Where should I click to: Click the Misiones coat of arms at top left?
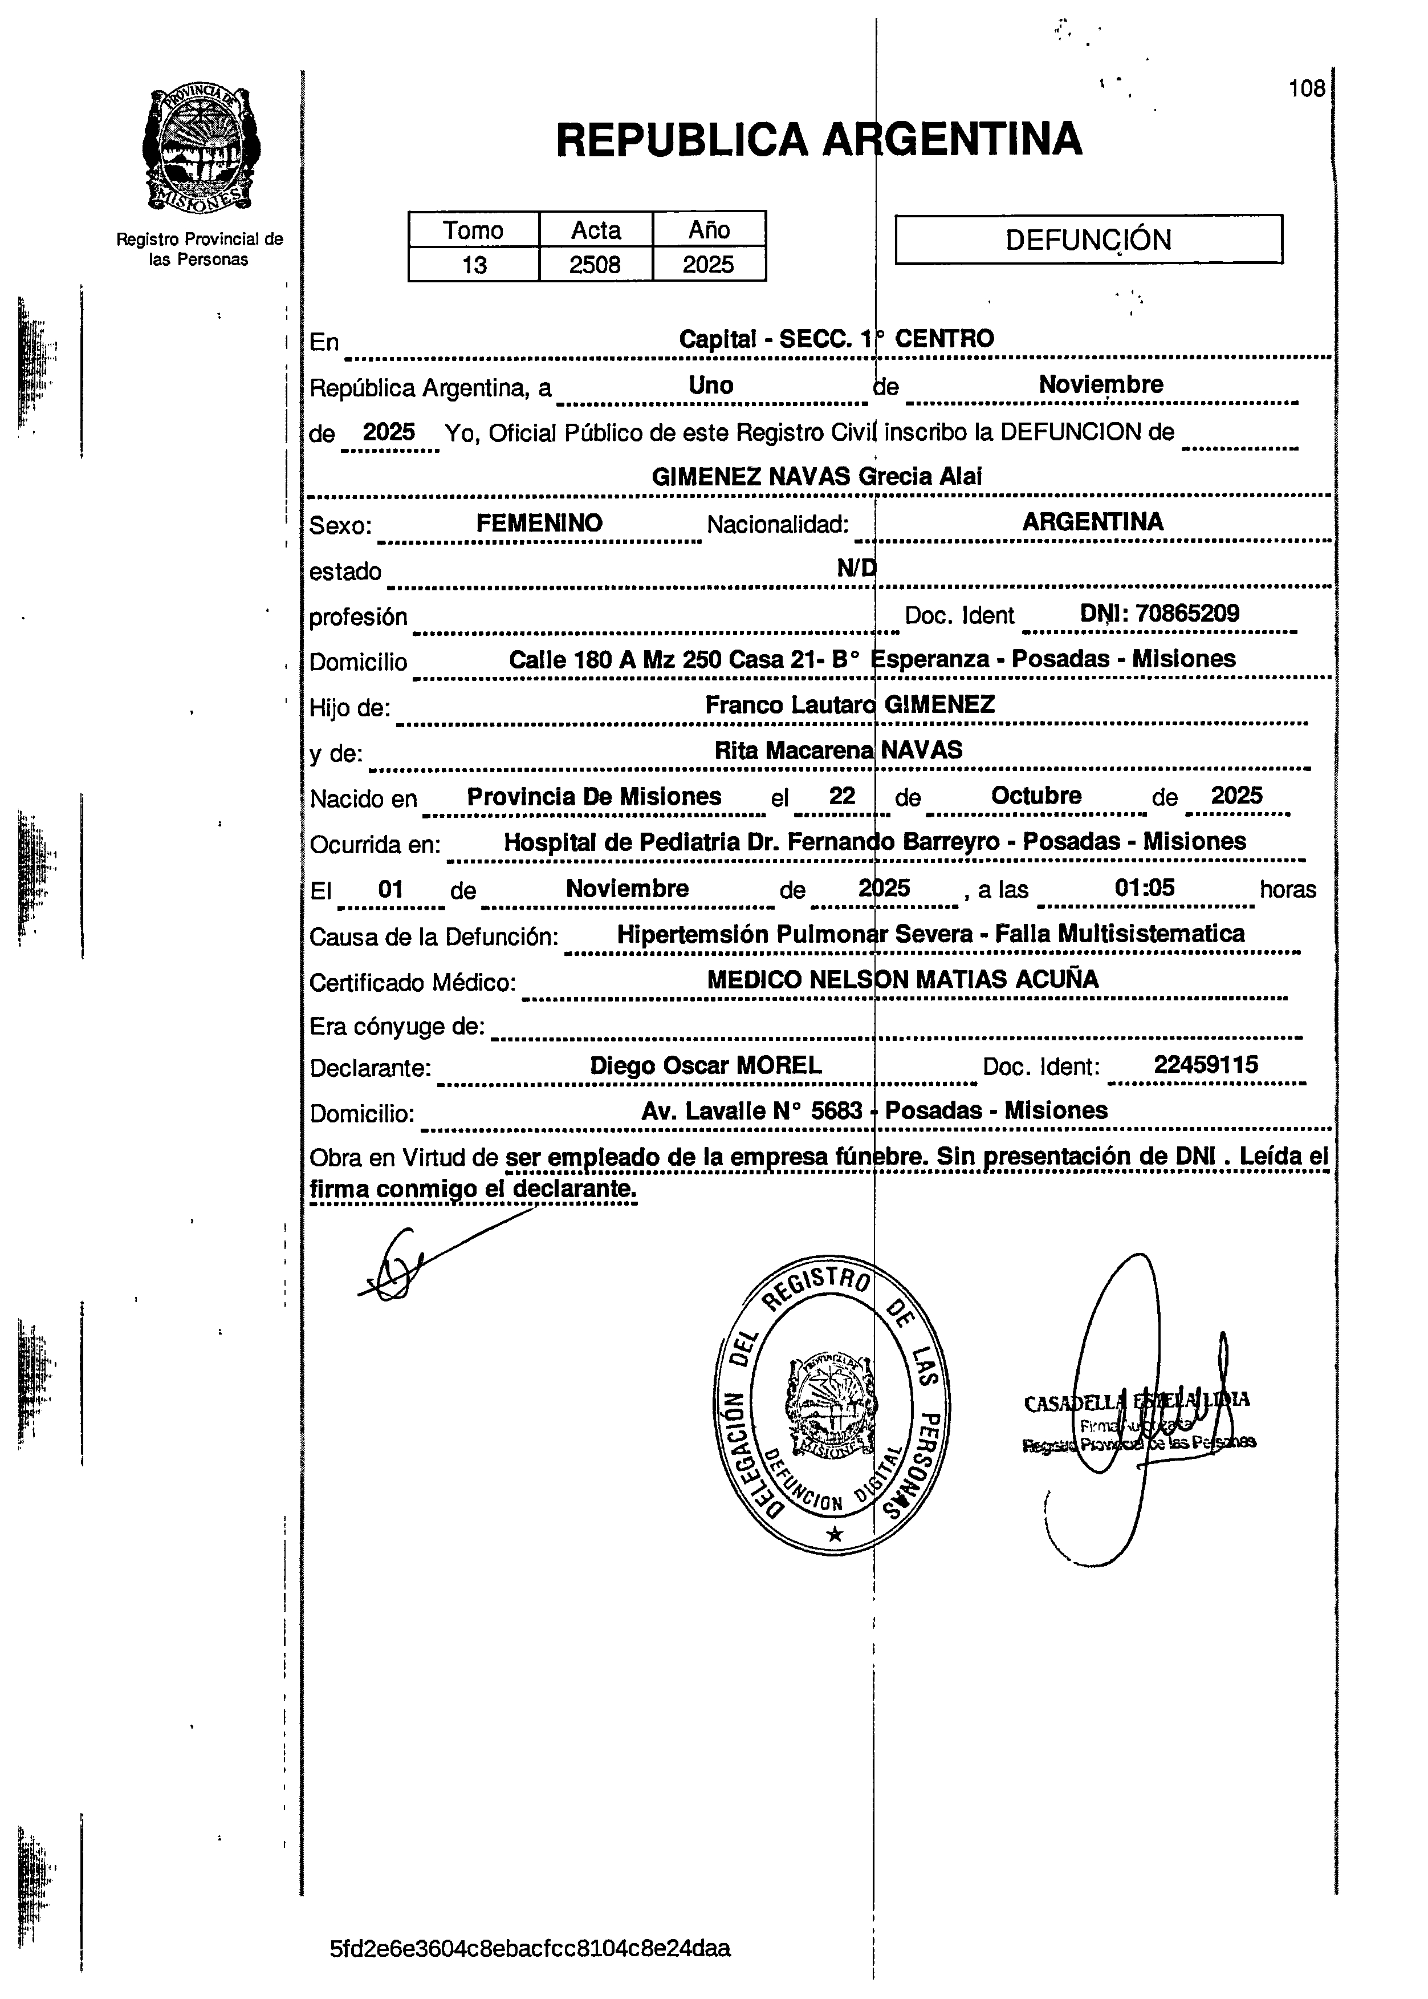tap(201, 149)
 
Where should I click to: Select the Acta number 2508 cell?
tap(595, 265)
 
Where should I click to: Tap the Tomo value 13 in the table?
tap(474, 265)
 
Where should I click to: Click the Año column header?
tap(709, 229)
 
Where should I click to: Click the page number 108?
tap(1307, 89)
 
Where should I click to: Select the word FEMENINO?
tap(539, 523)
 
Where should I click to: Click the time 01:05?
tap(1144, 887)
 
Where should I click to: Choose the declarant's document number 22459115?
tap(1206, 1065)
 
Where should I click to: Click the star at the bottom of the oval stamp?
tap(835, 1535)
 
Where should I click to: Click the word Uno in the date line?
tap(710, 385)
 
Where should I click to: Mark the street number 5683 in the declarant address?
tap(836, 1111)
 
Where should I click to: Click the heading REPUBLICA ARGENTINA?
tap(819, 139)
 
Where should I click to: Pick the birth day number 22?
tap(841, 796)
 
